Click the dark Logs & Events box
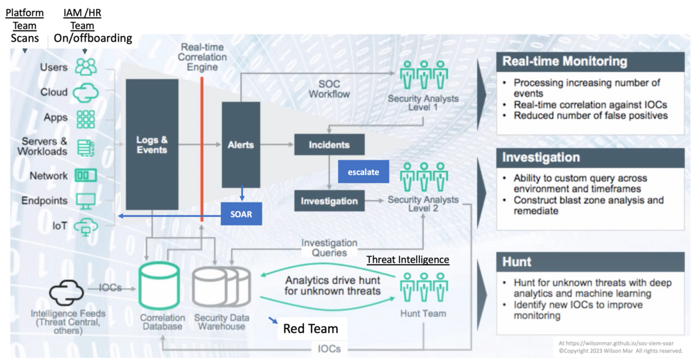pos(152,144)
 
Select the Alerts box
pos(240,144)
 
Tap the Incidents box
pos(329,145)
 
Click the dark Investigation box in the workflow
pos(329,201)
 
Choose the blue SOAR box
pos(241,214)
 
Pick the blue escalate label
pos(363,171)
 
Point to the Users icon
pos(86,67)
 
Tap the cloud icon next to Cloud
pos(86,92)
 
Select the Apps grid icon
pos(86,118)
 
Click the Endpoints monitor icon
pos(86,201)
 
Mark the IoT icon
pos(86,226)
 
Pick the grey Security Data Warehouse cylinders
pos(220,285)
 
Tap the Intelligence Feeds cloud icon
pos(66,292)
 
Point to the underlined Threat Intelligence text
pos(407,260)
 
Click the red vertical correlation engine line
pos(202,149)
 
